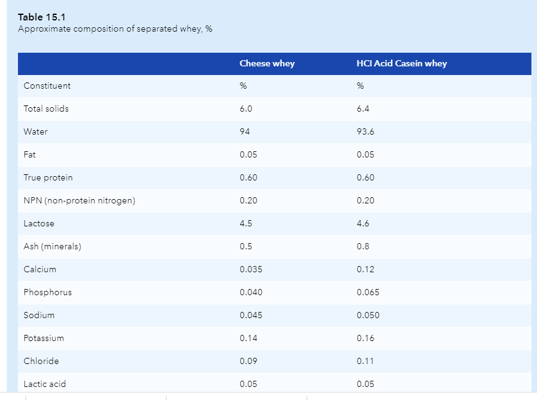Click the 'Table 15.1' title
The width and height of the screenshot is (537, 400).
[x=41, y=17]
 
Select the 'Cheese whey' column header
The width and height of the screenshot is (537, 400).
[x=267, y=63]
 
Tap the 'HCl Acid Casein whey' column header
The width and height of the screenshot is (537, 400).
[x=402, y=63]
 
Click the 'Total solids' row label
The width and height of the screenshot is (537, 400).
[x=46, y=109]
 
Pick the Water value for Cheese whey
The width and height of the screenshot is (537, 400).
[x=245, y=131]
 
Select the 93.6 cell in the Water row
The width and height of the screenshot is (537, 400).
[x=365, y=131]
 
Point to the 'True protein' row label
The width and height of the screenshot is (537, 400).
[x=48, y=177]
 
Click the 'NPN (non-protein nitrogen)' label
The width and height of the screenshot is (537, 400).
[x=79, y=200]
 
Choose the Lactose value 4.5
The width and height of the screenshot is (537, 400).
[x=246, y=223]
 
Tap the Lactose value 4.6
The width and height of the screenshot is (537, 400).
[x=363, y=223]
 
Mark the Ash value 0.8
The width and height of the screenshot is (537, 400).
[x=363, y=246]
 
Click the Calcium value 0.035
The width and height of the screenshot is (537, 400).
[x=251, y=269]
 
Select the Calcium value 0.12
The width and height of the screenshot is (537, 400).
[x=365, y=269]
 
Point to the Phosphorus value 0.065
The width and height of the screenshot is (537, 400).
[x=368, y=292]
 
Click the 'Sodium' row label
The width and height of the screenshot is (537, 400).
[x=39, y=315]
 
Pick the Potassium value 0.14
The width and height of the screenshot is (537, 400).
[x=248, y=339]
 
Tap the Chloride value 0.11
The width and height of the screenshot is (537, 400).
[x=365, y=362]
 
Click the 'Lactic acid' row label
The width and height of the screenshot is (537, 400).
[x=45, y=384]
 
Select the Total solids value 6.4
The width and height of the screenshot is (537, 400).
[x=363, y=109]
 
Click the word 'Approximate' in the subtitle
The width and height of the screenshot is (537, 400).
[x=44, y=29]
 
